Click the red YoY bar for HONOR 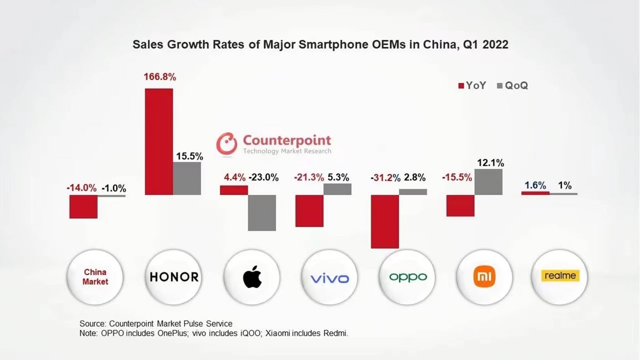pos(159,141)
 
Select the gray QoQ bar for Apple pos(262,213)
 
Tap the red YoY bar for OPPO pos(385,222)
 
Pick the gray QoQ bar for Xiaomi pos(488,182)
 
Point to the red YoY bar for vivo pos(309,210)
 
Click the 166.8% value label pos(160,77)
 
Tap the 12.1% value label pos(490,163)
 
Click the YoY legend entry pos(472,85)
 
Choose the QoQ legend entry pos(513,85)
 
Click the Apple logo pos(252,276)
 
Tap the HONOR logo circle pos(174,276)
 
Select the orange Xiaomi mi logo pos(484,276)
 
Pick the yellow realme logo pos(560,276)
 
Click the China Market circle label pos(95,276)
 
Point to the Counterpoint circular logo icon pos(227,143)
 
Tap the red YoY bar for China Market pos(84,207)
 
